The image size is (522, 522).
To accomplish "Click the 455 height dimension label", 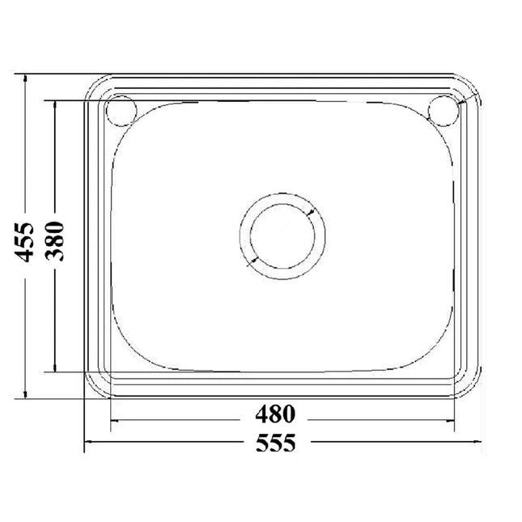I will coord(26,240).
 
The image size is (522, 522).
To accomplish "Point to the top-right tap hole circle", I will coord(443,111).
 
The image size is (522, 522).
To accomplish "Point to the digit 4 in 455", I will coord(26,254).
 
